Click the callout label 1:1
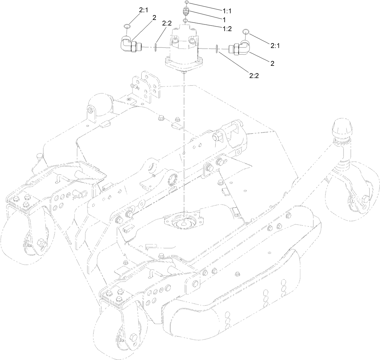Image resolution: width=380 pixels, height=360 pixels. pos(227,11)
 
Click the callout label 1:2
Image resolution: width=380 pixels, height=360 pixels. pos(227,29)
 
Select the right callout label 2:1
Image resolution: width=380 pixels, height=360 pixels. pos(275,46)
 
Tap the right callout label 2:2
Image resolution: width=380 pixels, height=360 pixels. pos(254,76)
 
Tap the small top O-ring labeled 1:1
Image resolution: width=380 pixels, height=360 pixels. pos(187,2)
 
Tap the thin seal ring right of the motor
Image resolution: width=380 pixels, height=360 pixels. pos(217,49)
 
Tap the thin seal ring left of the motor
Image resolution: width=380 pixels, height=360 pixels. pos(156,48)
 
